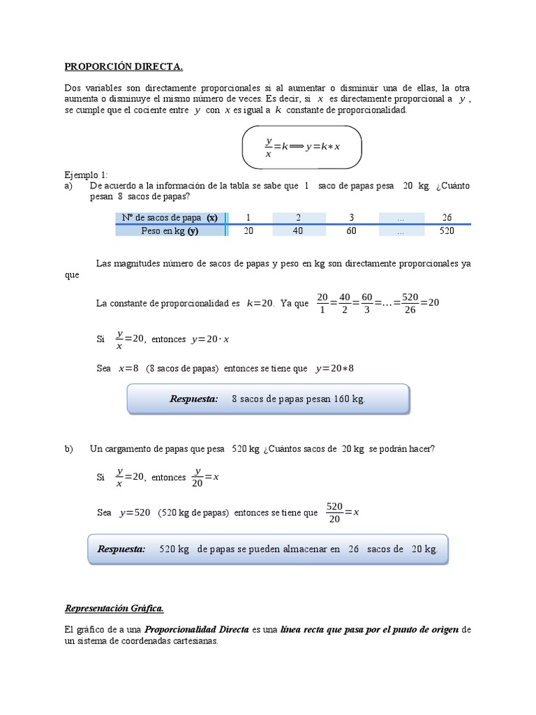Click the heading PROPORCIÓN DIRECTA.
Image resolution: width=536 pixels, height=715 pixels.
point(124,67)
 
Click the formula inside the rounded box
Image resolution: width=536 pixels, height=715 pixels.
point(302,147)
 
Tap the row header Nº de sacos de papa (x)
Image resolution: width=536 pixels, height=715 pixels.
point(170,217)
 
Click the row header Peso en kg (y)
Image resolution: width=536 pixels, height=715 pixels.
point(170,231)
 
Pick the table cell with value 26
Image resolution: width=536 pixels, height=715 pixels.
point(447,217)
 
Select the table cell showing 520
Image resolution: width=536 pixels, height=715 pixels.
point(447,231)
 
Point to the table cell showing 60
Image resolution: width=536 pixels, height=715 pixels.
point(351,231)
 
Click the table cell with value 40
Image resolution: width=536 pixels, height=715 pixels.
point(298,231)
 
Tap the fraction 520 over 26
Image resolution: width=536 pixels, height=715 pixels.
point(410,303)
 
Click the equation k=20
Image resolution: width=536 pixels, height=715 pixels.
point(260,303)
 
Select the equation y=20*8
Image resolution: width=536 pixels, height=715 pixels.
point(335,368)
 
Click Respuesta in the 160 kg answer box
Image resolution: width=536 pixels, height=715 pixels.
point(193,399)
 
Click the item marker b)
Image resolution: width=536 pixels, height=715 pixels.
point(68,448)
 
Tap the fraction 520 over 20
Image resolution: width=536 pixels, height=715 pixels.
point(335,512)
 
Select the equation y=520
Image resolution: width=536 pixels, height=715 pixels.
point(135,512)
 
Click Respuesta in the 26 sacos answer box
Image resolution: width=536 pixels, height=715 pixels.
point(121,549)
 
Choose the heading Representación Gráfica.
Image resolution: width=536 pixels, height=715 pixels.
point(114,608)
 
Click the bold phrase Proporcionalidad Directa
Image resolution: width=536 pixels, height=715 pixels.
point(197,629)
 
